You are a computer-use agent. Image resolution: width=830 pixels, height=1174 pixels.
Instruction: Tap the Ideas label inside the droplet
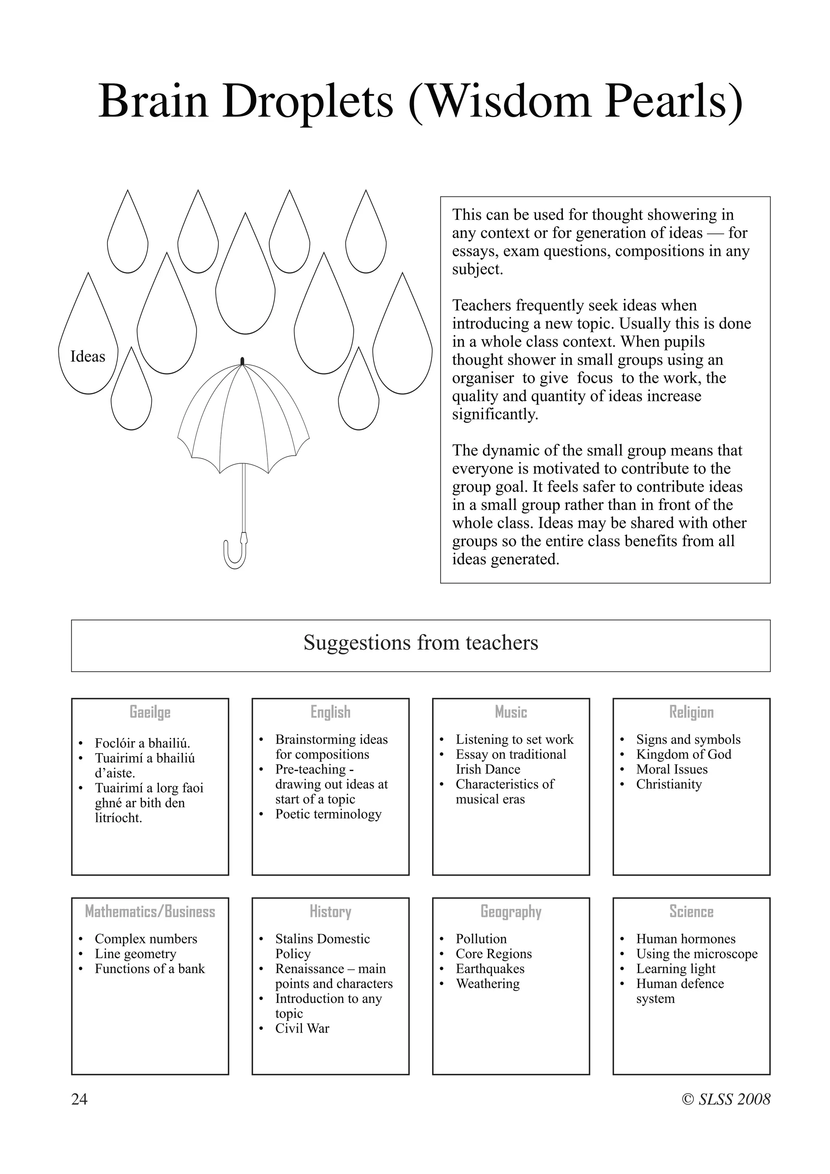[88, 356]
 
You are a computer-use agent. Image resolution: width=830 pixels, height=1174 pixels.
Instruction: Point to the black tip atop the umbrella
[242, 361]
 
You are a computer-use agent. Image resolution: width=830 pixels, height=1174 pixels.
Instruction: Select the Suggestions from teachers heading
[421, 643]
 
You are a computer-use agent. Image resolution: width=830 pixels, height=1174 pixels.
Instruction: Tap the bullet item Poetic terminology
[328, 814]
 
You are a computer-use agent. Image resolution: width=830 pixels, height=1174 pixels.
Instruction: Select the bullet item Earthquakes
[490, 968]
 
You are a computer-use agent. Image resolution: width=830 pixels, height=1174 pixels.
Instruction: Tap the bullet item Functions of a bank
[149, 968]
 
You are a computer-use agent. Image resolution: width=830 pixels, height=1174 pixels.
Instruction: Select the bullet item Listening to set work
[514, 739]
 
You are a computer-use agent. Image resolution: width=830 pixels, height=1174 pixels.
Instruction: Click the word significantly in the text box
[495, 414]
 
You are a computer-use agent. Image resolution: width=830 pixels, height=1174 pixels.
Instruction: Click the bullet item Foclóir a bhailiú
[142, 743]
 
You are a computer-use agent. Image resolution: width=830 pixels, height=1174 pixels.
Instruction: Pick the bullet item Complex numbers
[145, 939]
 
